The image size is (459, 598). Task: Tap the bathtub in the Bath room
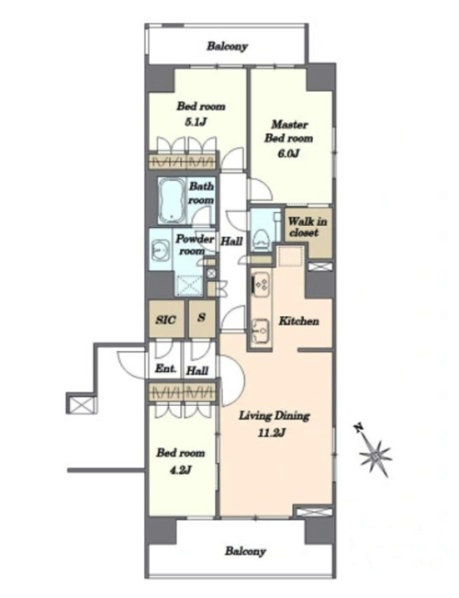pyautogui.click(x=172, y=200)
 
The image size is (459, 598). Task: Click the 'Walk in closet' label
pyautogui.click(x=307, y=227)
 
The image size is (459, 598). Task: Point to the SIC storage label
pyautogui.click(x=166, y=320)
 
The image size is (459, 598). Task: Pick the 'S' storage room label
pyautogui.click(x=202, y=317)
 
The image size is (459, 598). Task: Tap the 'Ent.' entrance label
pyautogui.click(x=166, y=368)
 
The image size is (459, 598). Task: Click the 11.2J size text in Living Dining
pyautogui.click(x=273, y=433)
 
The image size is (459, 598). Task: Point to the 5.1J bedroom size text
pyautogui.click(x=196, y=122)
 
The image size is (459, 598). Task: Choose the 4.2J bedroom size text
pyautogui.click(x=180, y=470)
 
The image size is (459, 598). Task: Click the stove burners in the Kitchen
pyautogui.click(x=261, y=284)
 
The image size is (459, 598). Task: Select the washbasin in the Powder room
pyautogui.click(x=160, y=250)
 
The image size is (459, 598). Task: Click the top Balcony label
pyautogui.click(x=228, y=47)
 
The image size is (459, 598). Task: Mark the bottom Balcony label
pyautogui.click(x=245, y=551)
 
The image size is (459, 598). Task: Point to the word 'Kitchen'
pyautogui.click(x=298, y=322)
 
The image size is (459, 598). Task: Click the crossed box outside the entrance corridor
pyautogui.click(x=81, y=404)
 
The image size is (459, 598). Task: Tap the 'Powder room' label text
pyautogui.click(x=194, y=245)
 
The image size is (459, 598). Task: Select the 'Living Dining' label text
pyautogui.click(x=274, y=416)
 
